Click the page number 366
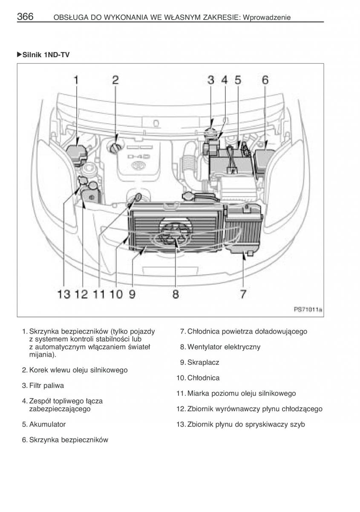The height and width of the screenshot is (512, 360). pos(25,17)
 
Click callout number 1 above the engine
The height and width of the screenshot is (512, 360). pos(76,80)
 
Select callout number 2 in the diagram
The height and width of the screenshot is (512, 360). pos(115,80)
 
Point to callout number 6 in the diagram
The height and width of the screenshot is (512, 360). pos(265,80)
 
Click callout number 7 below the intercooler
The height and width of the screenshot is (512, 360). pos(242,294)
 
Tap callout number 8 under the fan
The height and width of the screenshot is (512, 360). pos(176,294)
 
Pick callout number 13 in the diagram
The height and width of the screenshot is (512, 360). pos(64,294)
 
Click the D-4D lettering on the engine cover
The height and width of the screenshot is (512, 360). pos(139,157)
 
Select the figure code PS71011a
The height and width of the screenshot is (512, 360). pos(307,310)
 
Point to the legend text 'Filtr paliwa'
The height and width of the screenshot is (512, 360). pos(46,386)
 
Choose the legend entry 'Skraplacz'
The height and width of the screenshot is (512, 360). pos(203,362)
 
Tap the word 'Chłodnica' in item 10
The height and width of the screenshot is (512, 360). pos(203,378)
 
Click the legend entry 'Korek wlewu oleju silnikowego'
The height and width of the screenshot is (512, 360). pos(78,370)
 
